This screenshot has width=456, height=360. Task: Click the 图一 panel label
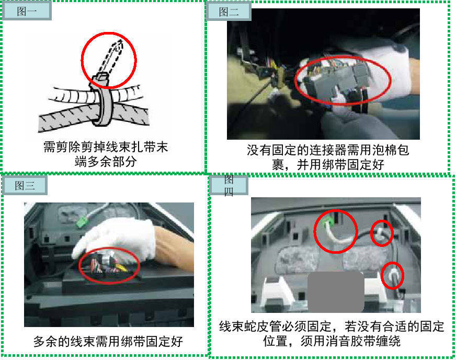[x=27, y=11]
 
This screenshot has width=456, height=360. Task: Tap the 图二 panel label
[x=229, y=12]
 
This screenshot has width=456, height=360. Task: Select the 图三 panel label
[x=25, y=185]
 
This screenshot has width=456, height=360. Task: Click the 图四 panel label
[x=229, y=185]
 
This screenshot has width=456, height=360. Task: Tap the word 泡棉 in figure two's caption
[x=384, y=150]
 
